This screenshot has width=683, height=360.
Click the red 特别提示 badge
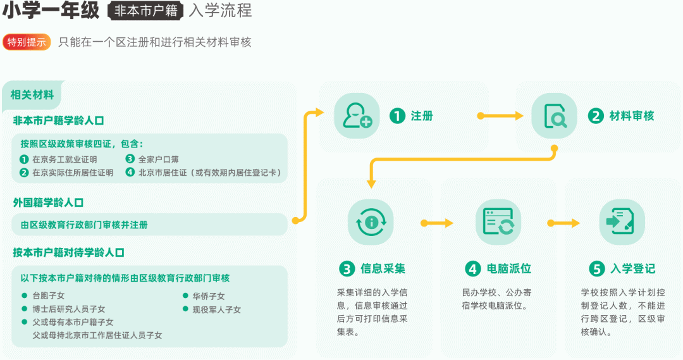coord(27,42)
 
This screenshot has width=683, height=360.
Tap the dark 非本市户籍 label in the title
coord(146,11)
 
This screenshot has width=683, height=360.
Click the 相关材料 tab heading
coord(32,95)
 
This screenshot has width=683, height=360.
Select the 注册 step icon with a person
coord(357,115)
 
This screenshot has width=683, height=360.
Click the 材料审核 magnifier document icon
coord(554,115)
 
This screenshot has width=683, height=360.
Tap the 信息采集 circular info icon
coord(371,222)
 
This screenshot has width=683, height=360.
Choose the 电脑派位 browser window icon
coord(498,222)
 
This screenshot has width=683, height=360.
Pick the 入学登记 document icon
coord(621,222)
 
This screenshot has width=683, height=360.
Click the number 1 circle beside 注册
coord(397,116)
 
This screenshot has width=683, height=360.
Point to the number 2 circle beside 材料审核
coord(595,116)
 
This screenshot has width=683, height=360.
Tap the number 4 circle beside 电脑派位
coord(472,269)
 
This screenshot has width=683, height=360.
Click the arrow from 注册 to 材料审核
coord(500,116)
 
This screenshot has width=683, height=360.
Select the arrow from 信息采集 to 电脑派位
coord(437,223)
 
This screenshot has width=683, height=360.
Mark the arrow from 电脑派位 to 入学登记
coord(563,223)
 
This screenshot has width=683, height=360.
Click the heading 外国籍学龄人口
coord(48,202)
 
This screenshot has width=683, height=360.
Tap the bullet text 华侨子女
coord(209,296)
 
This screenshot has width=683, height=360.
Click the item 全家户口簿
coord(158,159)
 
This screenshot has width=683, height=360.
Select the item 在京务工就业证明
coord(65,159)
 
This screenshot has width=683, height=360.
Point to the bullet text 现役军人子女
coord(216,309)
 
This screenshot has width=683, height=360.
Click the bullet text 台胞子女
coord(48,295)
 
